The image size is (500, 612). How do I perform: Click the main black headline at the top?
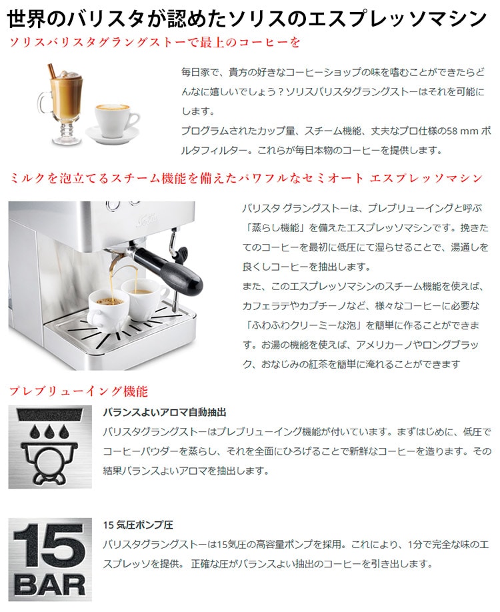tap(247, 17)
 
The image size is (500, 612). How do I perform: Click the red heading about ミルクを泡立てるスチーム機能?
tap(245, 178)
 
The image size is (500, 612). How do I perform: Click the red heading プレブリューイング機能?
tap(78, 391)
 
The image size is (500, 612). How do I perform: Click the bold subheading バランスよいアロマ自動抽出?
tap(165, 413)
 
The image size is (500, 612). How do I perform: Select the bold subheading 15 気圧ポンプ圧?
tap(139, 524)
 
